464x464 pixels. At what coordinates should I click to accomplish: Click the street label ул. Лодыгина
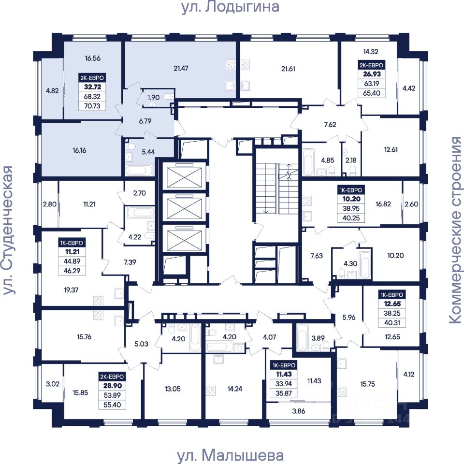point(231,7)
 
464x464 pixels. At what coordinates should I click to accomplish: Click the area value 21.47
point(180,69)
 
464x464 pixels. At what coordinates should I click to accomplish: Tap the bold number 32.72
point(91,87)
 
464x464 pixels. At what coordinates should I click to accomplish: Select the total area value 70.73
point(91,106)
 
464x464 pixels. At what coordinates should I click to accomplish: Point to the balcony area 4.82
point(52,90)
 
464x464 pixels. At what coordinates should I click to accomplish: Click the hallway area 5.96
point(348,318)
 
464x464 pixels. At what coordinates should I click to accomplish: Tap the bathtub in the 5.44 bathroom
point(139,170)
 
